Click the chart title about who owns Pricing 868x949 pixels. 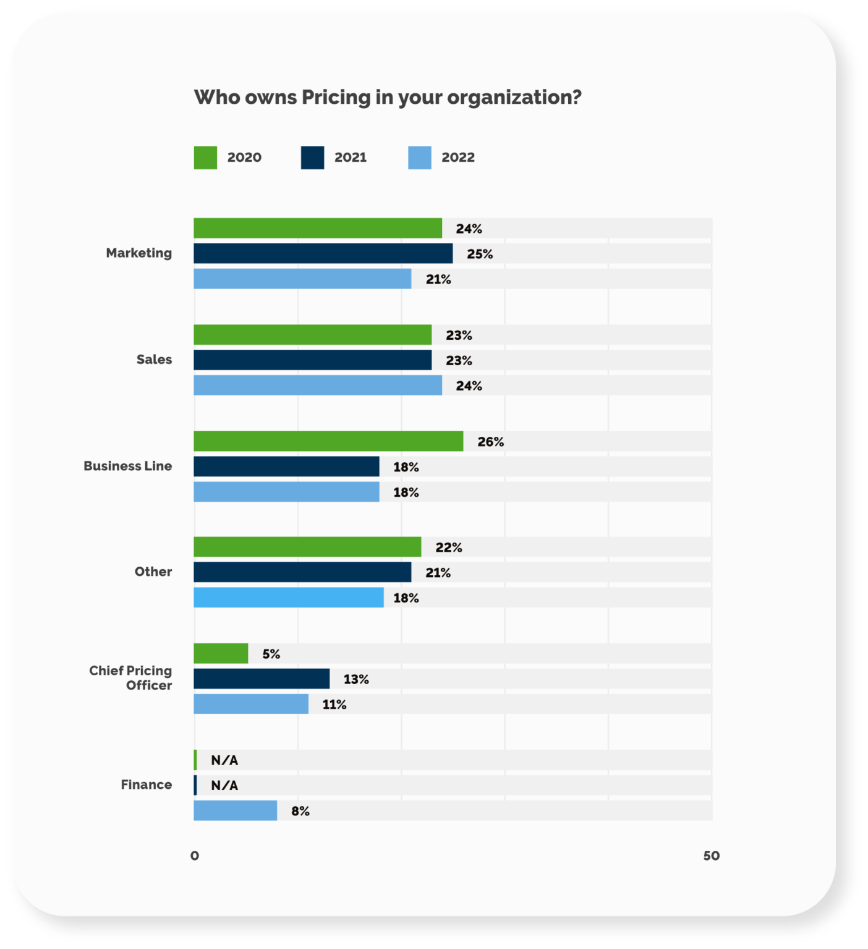388,98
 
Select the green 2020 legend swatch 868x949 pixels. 205,158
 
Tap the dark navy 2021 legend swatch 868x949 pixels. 312,158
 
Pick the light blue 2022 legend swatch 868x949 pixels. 419,158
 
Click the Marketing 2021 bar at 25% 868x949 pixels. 323,253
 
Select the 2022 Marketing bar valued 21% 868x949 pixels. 302,279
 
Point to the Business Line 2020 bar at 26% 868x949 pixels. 328,441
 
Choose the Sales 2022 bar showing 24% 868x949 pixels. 318,385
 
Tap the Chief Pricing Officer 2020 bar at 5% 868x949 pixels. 221,654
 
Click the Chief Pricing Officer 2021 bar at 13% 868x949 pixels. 262,679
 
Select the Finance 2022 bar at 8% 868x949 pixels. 235,811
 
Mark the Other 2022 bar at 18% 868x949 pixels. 288,597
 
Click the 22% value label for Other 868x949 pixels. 448,547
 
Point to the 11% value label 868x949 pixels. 334,704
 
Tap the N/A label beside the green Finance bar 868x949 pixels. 224,760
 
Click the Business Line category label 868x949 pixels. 127,466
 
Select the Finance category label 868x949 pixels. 146,785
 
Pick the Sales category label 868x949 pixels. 154,360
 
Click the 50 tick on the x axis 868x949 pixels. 711,856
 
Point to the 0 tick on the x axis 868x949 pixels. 195,856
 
